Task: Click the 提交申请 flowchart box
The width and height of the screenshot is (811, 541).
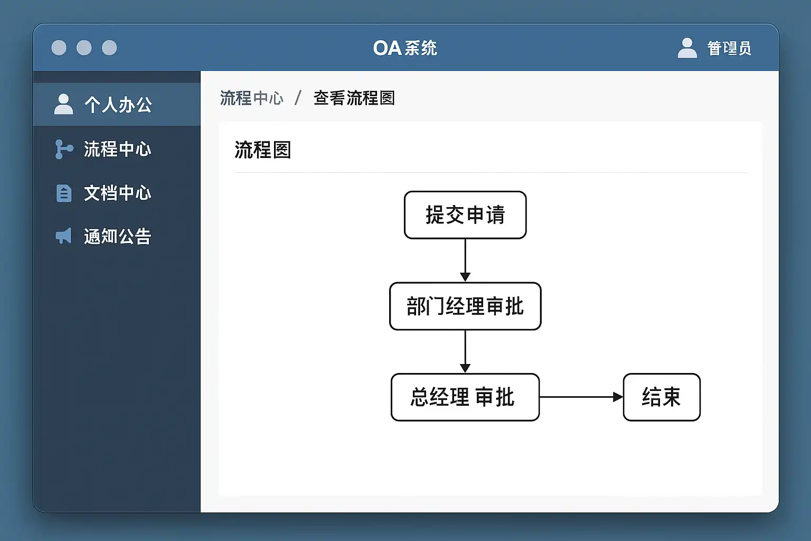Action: pos(465,215)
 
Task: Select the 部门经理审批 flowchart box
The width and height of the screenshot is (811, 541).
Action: pos(465,306)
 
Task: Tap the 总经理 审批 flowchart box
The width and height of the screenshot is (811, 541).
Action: pos(465,397)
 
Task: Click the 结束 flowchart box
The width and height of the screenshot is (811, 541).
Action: pos(662,397)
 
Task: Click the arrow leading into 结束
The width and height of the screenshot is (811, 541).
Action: pos(581,397)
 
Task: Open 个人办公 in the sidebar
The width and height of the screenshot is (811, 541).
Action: pos(118,105)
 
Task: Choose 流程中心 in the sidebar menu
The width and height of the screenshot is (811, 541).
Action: pos(117,149)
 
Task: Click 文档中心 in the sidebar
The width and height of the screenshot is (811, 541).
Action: pos(117,193)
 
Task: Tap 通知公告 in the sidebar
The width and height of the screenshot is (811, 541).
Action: pos(117,236)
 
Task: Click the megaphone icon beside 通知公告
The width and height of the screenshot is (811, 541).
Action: pos(63,236)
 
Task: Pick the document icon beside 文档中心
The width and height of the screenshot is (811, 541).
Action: pos(64,193)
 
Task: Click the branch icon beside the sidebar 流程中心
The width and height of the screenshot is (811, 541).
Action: pos(63,149)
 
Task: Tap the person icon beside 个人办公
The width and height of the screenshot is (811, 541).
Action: pos(63,104)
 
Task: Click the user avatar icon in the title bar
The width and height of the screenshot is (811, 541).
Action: pos(687,48)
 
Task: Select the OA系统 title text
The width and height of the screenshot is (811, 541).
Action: pos(405,48)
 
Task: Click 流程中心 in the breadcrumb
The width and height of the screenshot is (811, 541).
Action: pos(251,98)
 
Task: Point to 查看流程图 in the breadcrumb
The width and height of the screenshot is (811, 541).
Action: pos(354,98)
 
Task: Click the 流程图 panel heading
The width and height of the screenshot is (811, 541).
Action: pos(262,150)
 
